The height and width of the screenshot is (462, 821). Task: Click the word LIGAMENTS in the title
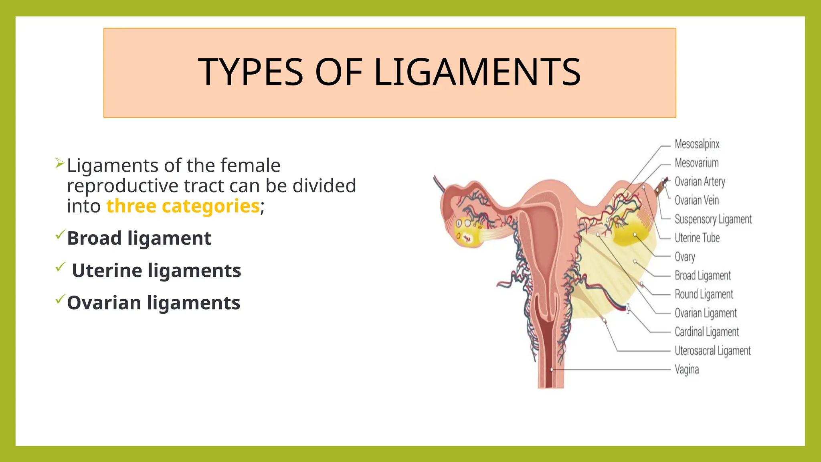point(477,72)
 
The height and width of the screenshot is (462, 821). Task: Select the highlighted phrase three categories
point(183,206)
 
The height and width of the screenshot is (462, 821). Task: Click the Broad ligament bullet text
point(139,238)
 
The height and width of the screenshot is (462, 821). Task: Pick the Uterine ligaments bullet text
point(156,270)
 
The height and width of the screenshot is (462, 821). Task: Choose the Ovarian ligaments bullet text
point(154,303)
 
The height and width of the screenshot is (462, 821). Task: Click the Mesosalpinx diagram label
point(697,144)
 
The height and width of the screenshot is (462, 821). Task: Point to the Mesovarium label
point(696,163)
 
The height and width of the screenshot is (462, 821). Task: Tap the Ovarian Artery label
point(700,182)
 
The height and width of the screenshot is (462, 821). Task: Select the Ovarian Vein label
point(696,200)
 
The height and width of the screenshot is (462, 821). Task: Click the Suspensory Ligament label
point(713,219)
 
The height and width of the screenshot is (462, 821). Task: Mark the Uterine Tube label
point(697,238)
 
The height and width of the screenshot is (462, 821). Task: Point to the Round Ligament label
point(704,294)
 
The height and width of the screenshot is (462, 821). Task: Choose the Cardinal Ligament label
point(706,332)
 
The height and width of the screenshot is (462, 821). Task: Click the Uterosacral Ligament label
point(712,351)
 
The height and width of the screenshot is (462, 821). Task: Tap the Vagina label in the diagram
point(686,369)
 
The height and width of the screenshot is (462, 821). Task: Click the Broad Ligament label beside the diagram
point(702,276)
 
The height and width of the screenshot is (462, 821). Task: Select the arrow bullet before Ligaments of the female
point(60,163)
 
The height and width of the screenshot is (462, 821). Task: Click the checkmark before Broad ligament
point(60,234)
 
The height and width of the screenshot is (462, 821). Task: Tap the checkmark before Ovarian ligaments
point(60,299)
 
